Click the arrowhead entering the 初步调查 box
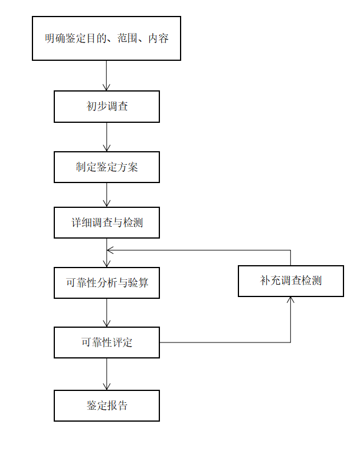[106, 87]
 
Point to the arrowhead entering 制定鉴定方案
[106, 148]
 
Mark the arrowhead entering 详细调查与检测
[106, 204]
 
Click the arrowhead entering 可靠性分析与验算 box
[106, 264]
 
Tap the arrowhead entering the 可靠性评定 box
[106, 324]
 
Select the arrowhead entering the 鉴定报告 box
[106, 387]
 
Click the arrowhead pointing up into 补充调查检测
[290, 300]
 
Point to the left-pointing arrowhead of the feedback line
[110, 250]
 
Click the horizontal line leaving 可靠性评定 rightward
[225, 343]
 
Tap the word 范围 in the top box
[127, 38]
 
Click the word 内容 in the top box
[158, 38]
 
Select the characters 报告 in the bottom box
[117, 406]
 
